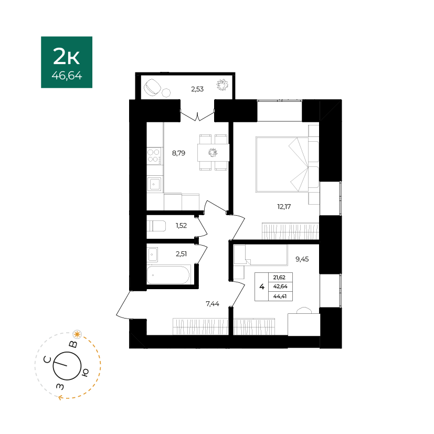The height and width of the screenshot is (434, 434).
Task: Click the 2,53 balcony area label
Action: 197,89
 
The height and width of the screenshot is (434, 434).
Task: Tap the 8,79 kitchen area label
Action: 178,153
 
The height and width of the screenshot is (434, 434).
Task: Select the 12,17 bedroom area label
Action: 284,206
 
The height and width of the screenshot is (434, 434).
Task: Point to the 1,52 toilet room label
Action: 181,226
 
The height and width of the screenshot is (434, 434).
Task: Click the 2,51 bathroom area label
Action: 181,254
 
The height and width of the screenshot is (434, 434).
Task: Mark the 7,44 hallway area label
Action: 213,304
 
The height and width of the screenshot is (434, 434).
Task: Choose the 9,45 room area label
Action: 302,259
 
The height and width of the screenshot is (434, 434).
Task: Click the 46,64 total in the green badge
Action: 67,76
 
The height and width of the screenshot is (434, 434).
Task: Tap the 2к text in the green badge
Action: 67,56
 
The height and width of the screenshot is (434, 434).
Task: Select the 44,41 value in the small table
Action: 280,296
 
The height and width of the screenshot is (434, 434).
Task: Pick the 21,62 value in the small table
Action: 279,277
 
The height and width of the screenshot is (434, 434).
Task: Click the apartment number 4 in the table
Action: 262,287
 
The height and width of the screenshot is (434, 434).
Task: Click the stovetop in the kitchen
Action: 154,156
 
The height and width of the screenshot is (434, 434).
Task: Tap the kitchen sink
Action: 154,184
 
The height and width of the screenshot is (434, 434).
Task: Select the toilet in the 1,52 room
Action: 156,226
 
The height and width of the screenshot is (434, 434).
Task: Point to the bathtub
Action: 168,275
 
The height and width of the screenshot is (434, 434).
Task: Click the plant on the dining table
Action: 213,152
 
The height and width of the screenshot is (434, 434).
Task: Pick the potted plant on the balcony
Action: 222,84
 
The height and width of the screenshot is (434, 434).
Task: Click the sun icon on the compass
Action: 77,334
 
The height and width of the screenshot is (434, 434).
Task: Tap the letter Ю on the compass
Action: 85,373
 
